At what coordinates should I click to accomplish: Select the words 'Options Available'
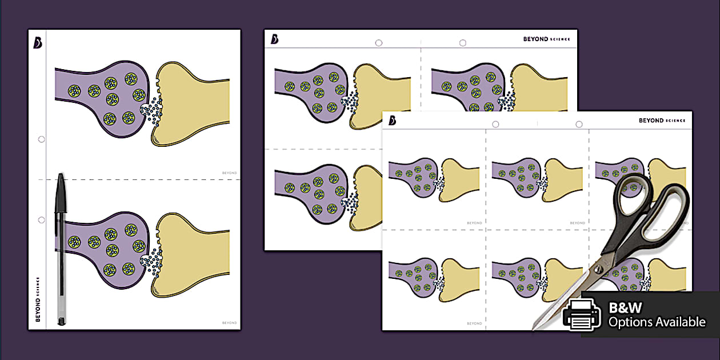[x=657, y=322]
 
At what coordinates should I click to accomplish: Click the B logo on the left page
[x=37, y=43]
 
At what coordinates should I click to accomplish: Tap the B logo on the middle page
[x=274, y=39]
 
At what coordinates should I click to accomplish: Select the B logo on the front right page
[x=392, y=121]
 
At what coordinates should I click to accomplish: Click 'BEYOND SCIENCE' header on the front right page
[x=662, y=121]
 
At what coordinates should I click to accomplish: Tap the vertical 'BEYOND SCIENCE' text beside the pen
[x=38, y=299]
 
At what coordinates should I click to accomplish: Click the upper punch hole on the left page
[x=41, y=139]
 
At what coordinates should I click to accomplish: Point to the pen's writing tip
[x=61, y=323]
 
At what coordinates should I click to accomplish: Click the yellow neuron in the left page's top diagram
[x=194, y=103]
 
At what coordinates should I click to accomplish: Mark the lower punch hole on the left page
[x=41, y=220]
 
